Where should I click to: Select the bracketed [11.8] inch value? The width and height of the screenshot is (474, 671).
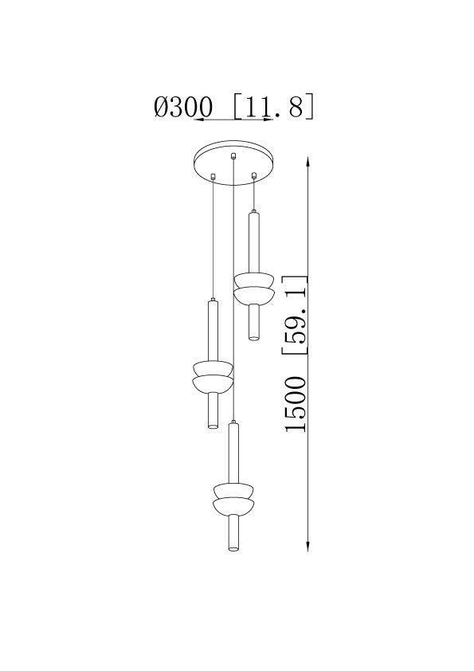click(274, 106)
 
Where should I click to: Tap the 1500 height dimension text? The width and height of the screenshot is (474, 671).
click(296, 404)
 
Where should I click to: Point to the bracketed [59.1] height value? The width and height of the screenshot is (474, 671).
click(295, 315)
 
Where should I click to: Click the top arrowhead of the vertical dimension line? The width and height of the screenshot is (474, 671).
click(308, 162)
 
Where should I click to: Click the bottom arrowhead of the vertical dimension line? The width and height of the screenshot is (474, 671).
click(308, 546)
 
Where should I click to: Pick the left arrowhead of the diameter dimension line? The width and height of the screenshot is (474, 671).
click(199, 120)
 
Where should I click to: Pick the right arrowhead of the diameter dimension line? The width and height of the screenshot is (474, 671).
click(268, 120)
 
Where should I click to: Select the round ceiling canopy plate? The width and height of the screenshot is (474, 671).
click(233, 163)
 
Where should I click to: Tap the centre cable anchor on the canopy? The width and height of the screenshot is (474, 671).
click(233, 155)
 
